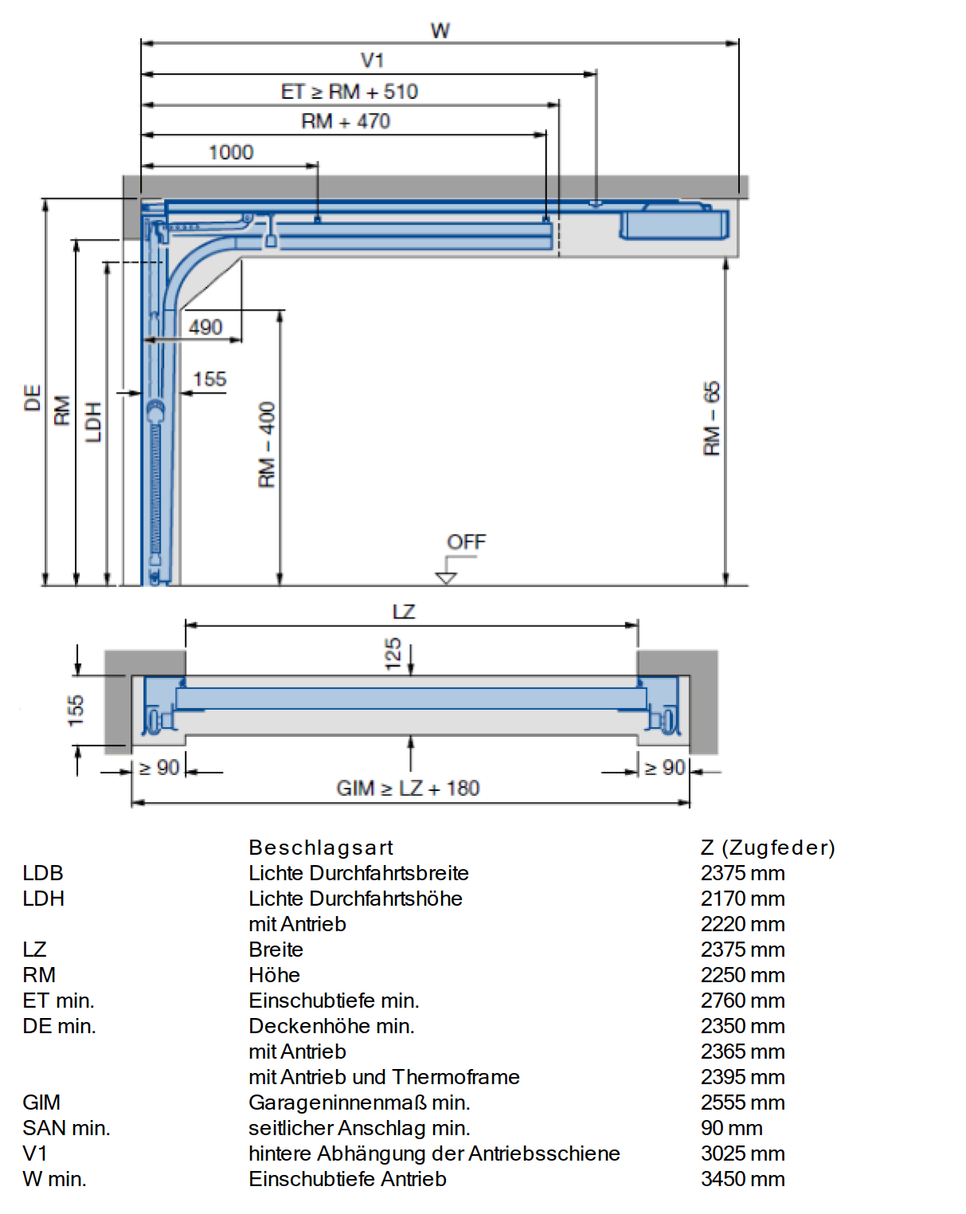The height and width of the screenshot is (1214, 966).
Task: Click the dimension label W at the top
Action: pyautogui.click(x=440, y=30)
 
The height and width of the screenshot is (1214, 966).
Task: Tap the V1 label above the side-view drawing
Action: pyautogui.click(x=372, y=61)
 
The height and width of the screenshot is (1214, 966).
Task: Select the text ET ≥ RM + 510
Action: pyautogui.click(x=349, y=92)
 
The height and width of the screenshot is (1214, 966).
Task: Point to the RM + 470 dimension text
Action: pyautogui.click(x=345, y=121)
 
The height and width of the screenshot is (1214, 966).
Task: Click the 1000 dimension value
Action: pyautogui.click(x=231, y=152)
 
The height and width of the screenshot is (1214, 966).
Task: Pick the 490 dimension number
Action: pyautogui.click(x=205, y=327)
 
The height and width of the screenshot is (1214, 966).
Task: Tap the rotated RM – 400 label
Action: pyautogui.click(x=266, y=444)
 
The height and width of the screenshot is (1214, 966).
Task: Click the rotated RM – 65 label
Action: pyautogui.click(x=712, y=418)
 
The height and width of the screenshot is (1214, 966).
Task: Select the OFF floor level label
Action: pyautogui.click(x=466, y=542)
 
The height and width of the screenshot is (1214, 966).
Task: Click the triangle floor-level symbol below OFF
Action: pyautogui.click(x=445, y=578)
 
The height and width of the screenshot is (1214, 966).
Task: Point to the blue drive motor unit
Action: pyautogui.click(x=674, y=223)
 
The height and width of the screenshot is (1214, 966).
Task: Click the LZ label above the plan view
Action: pyautogui.click(x=404, y=612)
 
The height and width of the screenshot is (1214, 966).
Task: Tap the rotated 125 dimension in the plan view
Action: pyautogui.click(x=393, y=653)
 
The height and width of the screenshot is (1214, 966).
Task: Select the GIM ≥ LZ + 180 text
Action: pyautogui.click(x=408, y=788)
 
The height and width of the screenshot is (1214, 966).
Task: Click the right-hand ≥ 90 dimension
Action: pyautogui.click(x=666, y=768)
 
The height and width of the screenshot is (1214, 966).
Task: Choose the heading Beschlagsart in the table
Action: pyautogui.click(x=321, y=848)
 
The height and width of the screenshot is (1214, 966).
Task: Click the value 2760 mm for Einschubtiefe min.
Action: pyautogui.click(x=743, y=1001)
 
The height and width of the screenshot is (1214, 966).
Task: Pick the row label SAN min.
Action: pyautogui.click(x=67, y=1128)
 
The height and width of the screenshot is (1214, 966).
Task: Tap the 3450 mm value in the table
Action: pyautogui.click(x=743, y=1178)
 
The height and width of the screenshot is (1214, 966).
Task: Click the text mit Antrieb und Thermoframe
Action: pyautogui.click(x=384, y=1077)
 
